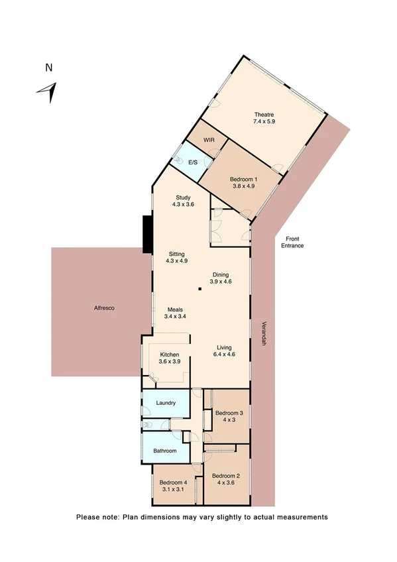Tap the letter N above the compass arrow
point(48,67)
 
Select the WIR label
point(209,140)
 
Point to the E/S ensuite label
point(194,162)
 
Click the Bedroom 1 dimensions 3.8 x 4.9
point(243,186)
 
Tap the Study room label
point(184,197)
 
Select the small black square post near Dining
point(199,289)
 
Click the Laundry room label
point(165,403)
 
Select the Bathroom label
point(165,451)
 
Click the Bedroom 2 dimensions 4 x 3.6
point(225,482)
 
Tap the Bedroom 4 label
point(175,482)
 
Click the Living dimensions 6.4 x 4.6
point(225,355)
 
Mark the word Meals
point(175,309)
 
